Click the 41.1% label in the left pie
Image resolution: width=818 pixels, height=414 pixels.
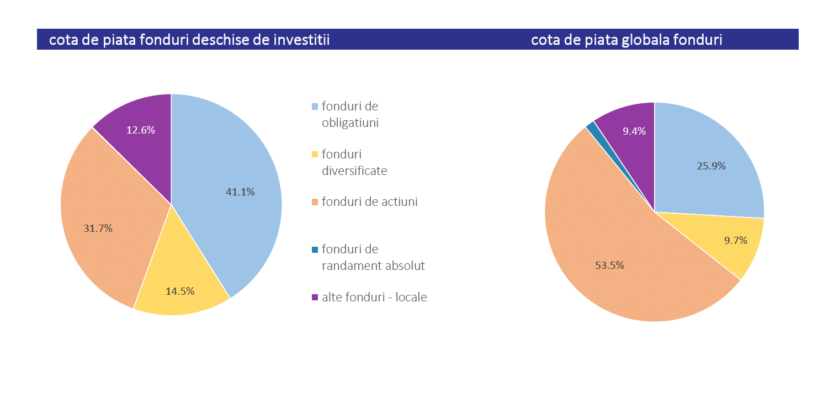[240, 192]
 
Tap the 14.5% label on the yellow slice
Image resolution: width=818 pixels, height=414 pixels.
[180, 291]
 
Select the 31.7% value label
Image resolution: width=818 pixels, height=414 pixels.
[98, 229]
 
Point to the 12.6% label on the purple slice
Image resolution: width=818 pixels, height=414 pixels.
[141, 130]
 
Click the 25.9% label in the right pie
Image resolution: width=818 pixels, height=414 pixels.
[711, 166]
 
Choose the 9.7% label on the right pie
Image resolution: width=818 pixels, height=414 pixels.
[735, 241]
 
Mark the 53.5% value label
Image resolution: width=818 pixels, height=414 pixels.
[609, 266]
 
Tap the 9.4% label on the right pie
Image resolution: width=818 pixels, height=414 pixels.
[634, 131]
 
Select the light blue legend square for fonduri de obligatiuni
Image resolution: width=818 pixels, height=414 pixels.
[315, 107]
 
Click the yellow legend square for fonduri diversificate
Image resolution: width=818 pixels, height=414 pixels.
[315, 155]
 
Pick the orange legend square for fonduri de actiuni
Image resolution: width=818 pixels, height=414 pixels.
[315, 202]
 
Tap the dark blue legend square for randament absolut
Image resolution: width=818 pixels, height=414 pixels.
[315, 250]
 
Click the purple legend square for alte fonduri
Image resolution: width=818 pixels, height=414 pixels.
[315, 298]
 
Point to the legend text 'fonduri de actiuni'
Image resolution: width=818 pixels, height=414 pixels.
[369, 202]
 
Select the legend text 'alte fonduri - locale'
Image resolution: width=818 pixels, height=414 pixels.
[374, 298]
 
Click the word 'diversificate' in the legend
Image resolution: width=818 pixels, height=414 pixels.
[354, 171]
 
